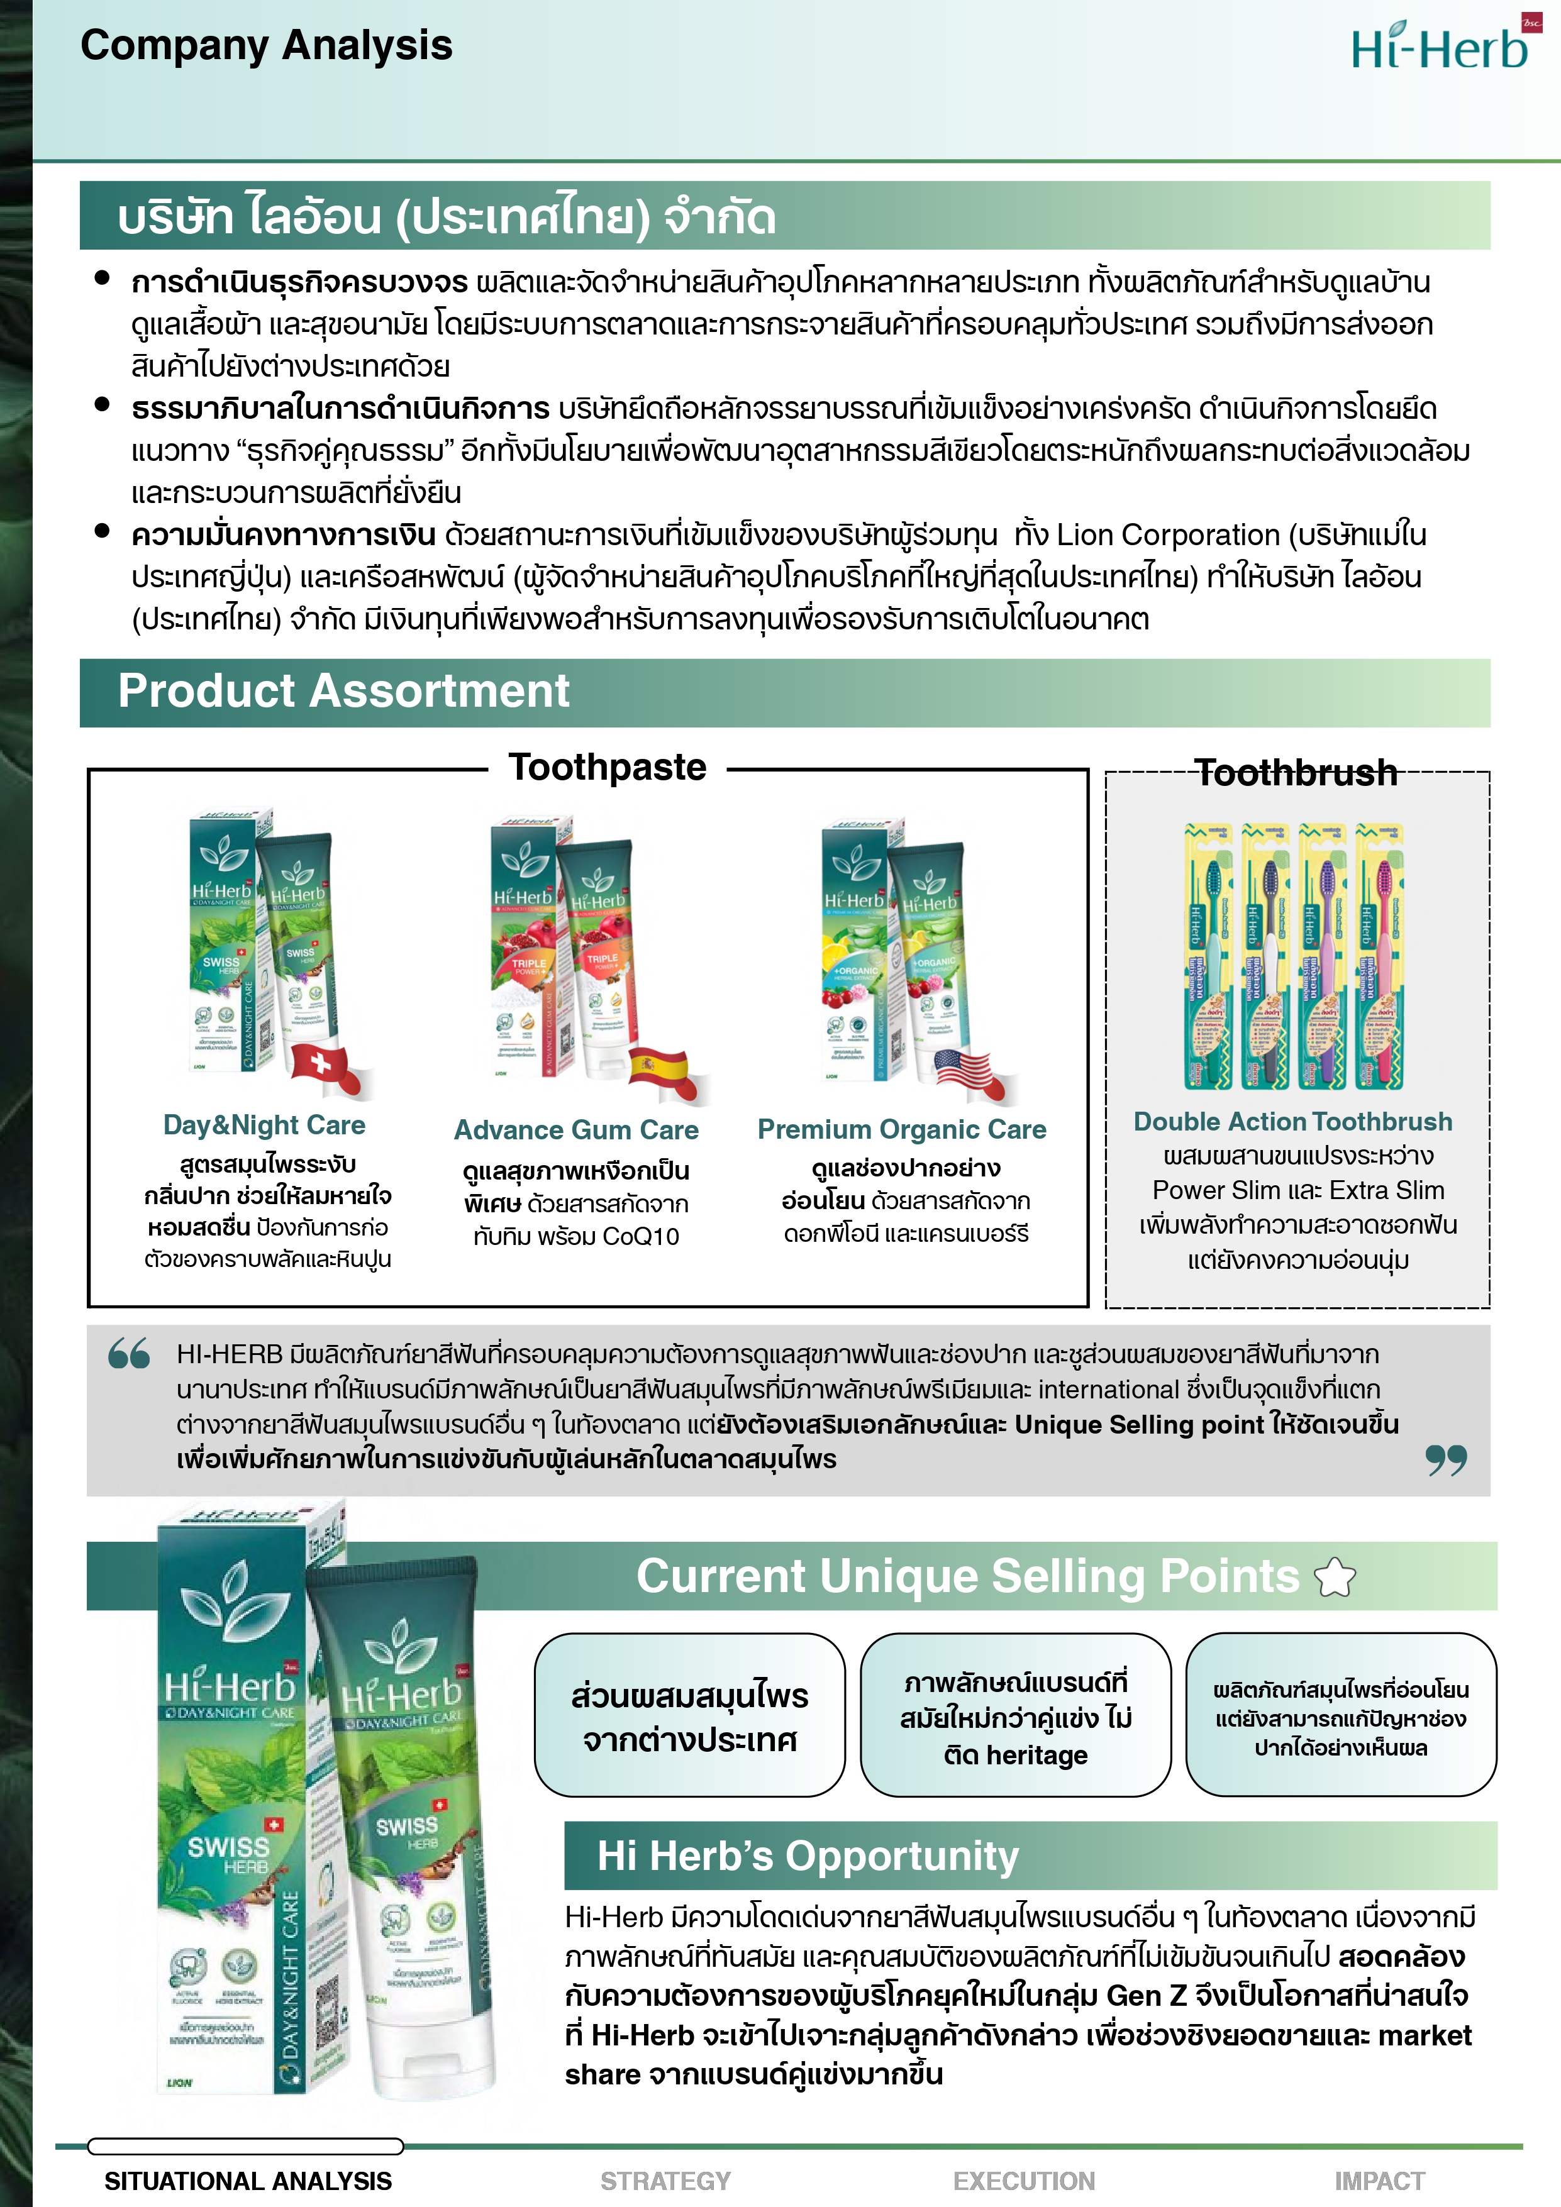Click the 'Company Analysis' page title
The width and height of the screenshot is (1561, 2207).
click(266, 45)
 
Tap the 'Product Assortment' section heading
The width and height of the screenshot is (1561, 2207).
click(343, 691)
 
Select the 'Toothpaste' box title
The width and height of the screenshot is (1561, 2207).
click(608, 767)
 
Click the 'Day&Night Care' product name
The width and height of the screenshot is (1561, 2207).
click(264, 1125)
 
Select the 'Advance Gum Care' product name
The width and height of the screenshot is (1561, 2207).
click(575, 1129)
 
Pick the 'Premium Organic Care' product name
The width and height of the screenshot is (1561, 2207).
click(902, 1129)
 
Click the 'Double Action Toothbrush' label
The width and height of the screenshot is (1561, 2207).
click(1293, 1122)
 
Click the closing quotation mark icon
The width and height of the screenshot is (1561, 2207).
click(1446, 1460)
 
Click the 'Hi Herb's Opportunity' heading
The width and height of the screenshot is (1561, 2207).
click(808, 1855)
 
